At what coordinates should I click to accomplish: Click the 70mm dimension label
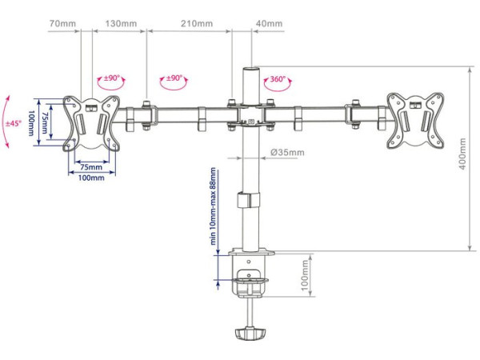pyautogui.click(x=62, y=23)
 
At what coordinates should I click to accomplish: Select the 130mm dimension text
pyautogui.click(x=122, y=23)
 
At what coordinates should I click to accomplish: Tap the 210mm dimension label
pyautogui.click(x=197, y=23)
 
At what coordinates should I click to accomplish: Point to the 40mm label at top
pyautogui.click(x=269, y=23)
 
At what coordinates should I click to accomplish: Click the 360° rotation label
pyautogui.click(x=277, y=79)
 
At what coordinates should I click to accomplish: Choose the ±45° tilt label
pyautogui.click(x=13, y=123)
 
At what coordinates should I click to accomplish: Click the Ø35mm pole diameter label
pyautogui.click(x=287, y=152)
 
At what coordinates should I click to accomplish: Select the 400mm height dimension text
pyautogui.click(x=462, y=154)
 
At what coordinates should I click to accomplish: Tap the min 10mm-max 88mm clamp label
pyautogui.click(x=213, y=206)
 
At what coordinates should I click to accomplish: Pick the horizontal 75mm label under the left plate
pyautogui.click(x=91, y=167)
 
